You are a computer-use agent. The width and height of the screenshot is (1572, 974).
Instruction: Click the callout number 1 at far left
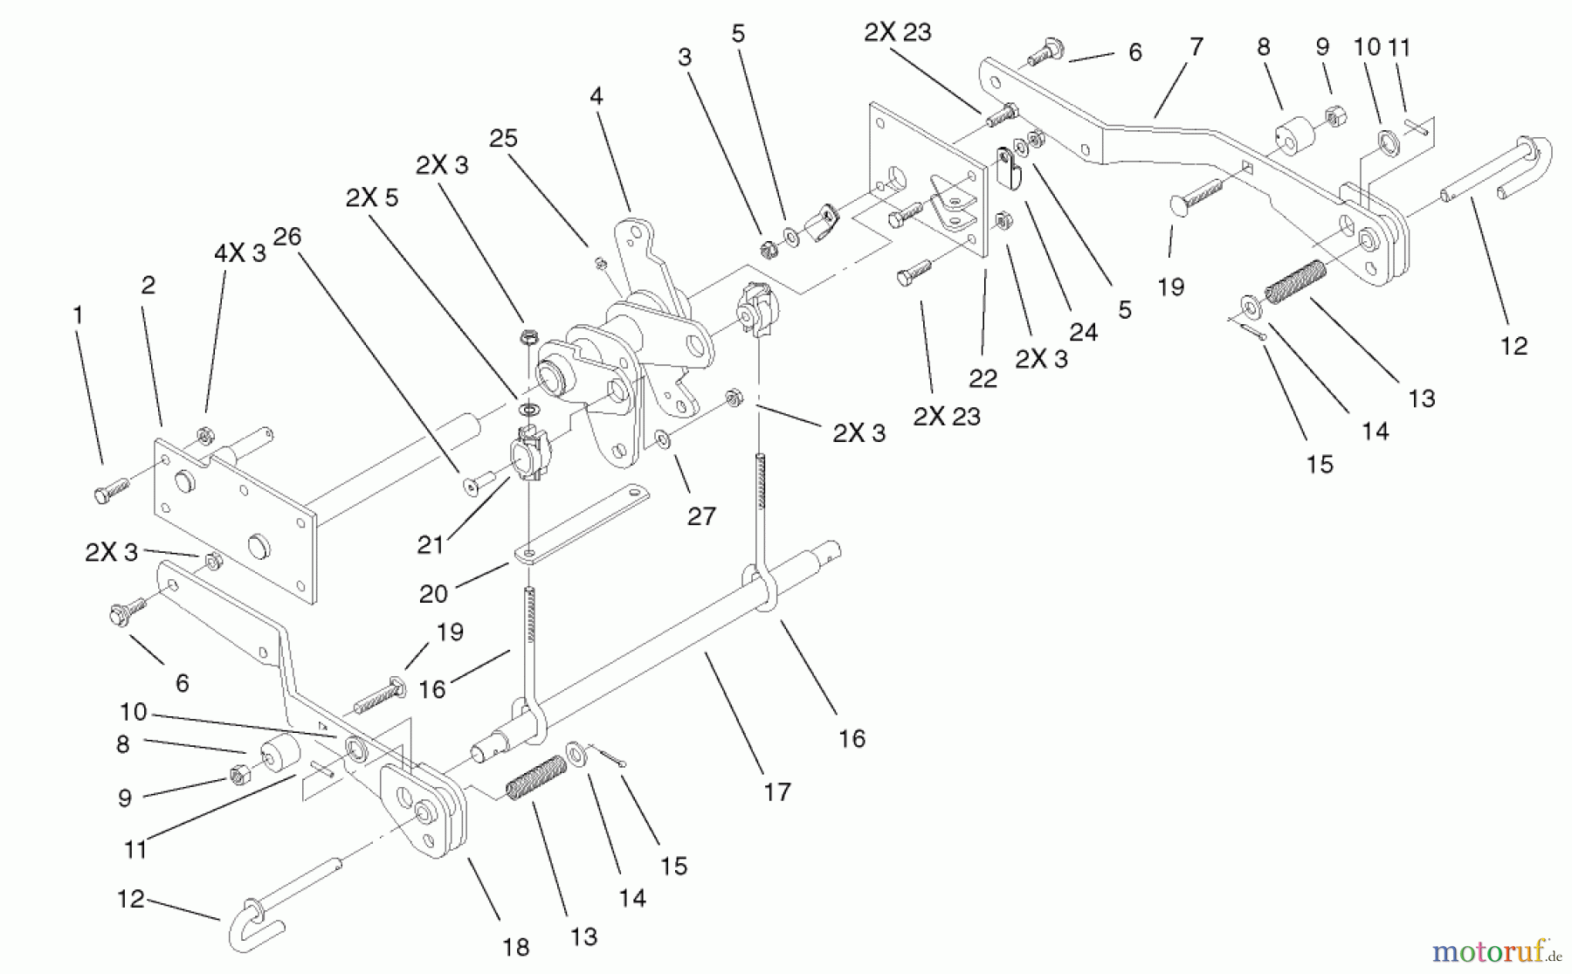pyautogui.click(x=79, y=314)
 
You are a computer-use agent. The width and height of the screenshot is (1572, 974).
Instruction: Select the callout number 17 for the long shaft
pyautogui.click(x=776, y=791)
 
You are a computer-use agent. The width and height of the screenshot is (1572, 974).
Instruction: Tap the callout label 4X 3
pyautogui.click(x=239, y=253)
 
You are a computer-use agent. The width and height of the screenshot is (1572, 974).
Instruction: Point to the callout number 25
pyautogui.click(x=503, y=138)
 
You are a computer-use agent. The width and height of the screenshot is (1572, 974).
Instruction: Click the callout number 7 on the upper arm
pyautogui.click(x=1196, y=46)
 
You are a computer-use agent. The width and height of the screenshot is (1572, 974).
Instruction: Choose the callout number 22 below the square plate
pyautogui.click(x=982, y=378)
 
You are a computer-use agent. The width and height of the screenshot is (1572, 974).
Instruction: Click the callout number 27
pyautogui.click(x=701, y=516)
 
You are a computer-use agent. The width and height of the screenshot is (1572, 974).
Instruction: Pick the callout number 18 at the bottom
pyautogui.click(x=515, y=947)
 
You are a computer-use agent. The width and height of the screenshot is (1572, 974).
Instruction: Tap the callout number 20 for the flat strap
pyautogui.click(x=433, y=593)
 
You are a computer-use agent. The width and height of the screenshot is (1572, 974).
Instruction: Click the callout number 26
pyautogui.click(x=286, y=236)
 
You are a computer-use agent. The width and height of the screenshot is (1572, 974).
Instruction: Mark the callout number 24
pyautogui.click(x=1083, y=332)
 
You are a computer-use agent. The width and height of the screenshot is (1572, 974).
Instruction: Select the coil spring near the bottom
pyautogui.click(x=536, y=777)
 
